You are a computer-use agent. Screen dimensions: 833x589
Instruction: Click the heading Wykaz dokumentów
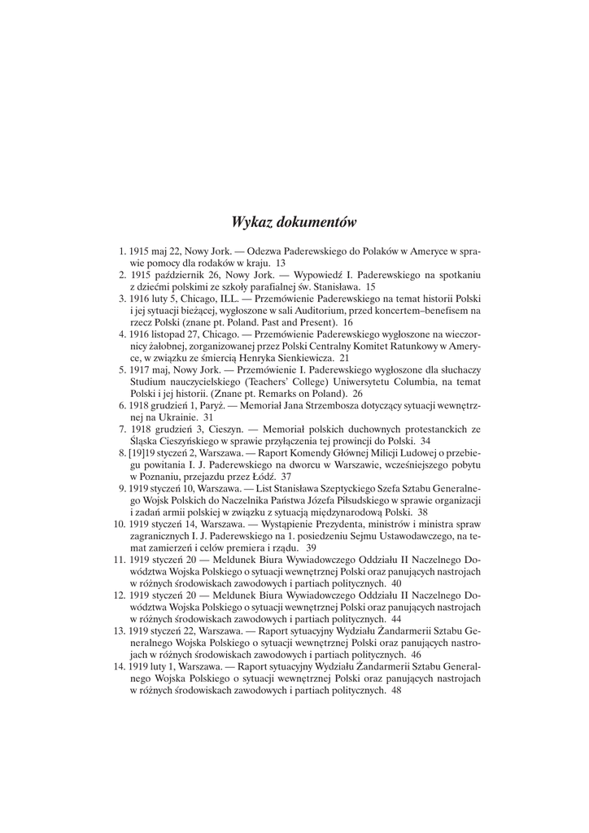294,221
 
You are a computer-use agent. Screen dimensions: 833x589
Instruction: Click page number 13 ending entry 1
281,264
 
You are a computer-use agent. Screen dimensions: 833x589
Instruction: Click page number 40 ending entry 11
395,583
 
